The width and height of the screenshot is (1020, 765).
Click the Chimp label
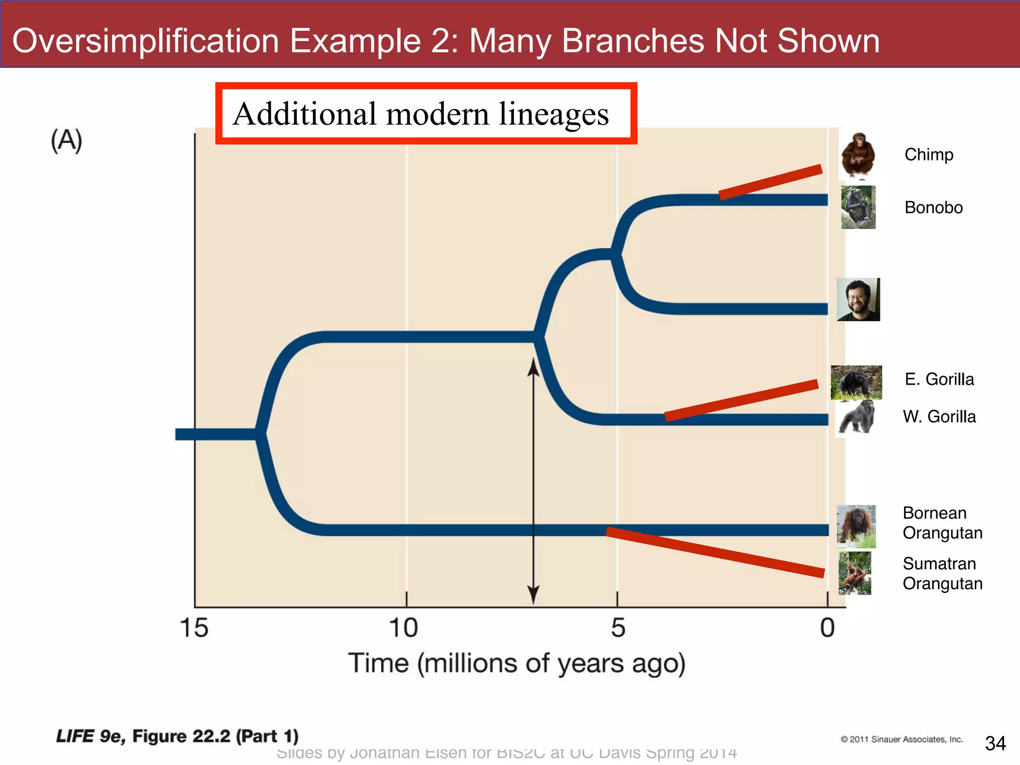coord(928,155)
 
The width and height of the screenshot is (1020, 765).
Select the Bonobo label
coord(933,208)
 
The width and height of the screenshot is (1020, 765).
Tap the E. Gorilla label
coord(939,380)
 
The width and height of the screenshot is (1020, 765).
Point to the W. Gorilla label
coord(939,417)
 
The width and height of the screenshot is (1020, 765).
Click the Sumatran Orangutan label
coord(942,574)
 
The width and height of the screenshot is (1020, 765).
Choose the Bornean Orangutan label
coord(942,523)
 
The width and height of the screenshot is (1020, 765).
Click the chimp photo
coord(858,155)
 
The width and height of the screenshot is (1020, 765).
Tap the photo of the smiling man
coord(858,300)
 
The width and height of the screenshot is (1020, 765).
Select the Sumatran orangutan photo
coord(855,573)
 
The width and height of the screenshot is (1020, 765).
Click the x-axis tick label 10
coord(403,628)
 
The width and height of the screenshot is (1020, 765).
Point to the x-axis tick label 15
coord(194,628)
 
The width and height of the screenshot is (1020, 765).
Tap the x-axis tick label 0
coord(827,628)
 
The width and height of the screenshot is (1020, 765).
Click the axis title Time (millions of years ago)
coord(516,664)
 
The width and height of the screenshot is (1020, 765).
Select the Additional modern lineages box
coord(426,114)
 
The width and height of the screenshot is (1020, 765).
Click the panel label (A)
coord(66,140)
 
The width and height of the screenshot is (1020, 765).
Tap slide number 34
coord(995,744)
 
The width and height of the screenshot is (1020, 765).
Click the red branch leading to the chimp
coord(770,182)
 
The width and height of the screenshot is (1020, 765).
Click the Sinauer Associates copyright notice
coord(901,740)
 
